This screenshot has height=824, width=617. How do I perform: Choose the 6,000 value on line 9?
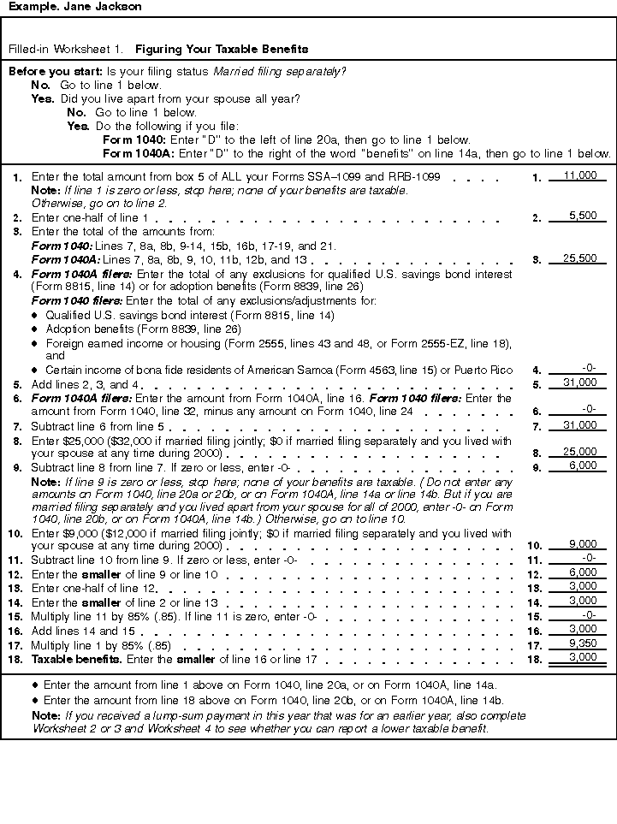[x=582, y=465]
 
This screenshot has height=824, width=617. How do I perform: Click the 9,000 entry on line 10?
[x=582, y=544]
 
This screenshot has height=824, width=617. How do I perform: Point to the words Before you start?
[x=55, y=71]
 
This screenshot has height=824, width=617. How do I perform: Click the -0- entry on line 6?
[x=589, y=409]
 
